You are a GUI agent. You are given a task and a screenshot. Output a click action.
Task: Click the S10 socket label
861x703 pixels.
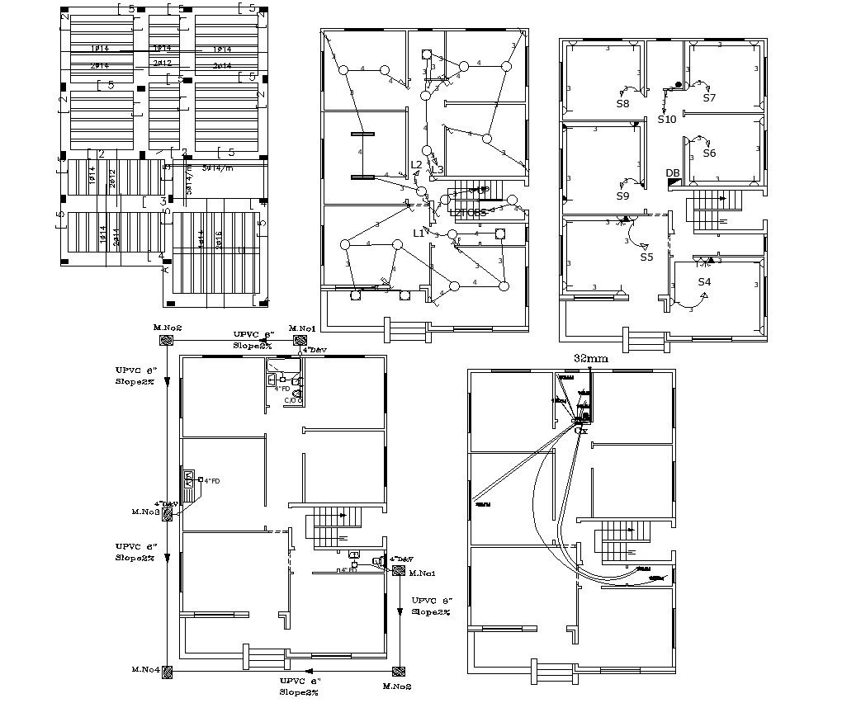click(667, 120)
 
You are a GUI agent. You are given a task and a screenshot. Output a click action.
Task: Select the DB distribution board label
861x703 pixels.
click(673, 172)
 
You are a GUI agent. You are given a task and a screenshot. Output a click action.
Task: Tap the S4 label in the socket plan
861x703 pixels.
click(704, 282)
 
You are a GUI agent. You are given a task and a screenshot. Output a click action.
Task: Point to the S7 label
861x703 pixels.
click(709, 98)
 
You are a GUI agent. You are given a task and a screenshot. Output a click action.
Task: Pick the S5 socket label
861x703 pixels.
click(646, 257)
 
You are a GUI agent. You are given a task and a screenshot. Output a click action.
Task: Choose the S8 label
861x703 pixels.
click(622, 104)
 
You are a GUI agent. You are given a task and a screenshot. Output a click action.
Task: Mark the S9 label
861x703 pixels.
click(622, 196)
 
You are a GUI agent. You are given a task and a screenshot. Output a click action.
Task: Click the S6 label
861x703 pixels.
click(709, 153)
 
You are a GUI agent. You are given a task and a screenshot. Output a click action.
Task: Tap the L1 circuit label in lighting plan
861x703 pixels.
click(419, 234)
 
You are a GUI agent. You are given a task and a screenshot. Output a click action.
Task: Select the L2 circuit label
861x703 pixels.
click(417, 164)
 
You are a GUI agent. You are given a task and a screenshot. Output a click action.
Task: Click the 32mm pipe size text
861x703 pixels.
click(590, 359)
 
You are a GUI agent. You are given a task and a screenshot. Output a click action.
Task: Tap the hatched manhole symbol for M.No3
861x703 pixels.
click(168, 513)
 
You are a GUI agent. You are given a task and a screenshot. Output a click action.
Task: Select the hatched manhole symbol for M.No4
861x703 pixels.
click(168, 671)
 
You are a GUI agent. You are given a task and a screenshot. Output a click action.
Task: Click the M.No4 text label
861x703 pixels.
click(144, 669)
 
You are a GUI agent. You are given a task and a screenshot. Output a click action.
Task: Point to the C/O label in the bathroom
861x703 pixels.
click(291, 400)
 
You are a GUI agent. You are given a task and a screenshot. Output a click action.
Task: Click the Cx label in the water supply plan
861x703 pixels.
click(581, 431)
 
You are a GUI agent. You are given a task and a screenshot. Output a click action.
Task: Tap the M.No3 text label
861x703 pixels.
click(145, 512)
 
